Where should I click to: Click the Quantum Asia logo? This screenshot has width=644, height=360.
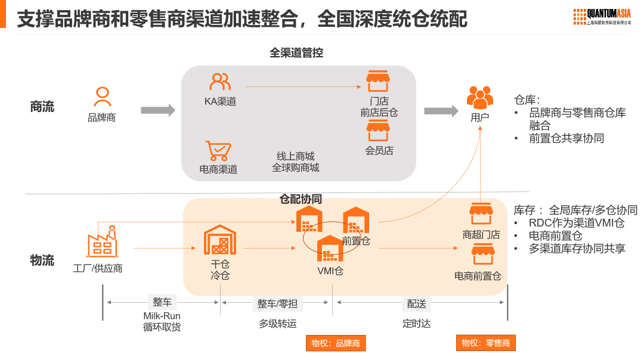602,16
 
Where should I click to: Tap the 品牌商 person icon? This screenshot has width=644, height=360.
103,97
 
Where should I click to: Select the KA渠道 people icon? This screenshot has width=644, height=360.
220,82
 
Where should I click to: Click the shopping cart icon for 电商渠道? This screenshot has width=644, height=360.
218,151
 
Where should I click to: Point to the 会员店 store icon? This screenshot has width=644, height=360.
377,131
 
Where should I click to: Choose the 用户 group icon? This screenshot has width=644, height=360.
480,97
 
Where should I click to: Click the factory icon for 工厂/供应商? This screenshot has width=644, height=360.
102,241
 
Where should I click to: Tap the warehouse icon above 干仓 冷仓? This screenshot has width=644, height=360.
220,240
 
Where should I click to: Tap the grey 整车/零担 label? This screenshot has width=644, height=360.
277,303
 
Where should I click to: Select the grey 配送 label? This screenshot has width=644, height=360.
417,303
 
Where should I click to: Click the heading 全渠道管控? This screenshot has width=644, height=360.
296,52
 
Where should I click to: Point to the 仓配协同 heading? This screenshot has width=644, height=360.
301,199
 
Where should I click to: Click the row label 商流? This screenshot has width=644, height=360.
42,107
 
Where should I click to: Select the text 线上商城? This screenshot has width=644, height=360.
295,156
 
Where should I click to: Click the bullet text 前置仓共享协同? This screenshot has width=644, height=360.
566,138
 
